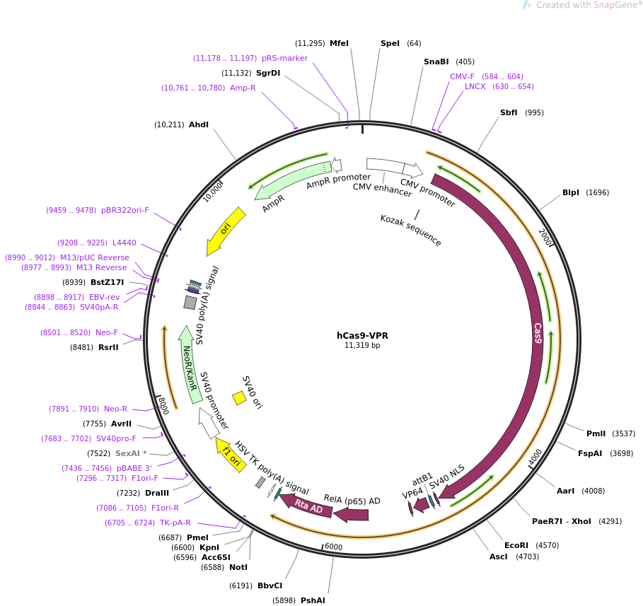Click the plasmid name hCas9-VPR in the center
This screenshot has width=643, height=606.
click(362, 335)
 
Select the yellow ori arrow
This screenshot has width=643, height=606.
click(226, 231)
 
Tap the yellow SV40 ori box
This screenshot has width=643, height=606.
click(239, 397)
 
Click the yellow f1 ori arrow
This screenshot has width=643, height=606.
click(231, 455)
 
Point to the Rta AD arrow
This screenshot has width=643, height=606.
click(306, 506)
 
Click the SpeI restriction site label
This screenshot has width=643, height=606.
click(390, 43)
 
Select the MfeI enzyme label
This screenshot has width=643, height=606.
click(339, 43)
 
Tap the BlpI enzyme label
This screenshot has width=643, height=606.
click(571, 193)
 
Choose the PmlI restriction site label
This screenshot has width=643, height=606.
click(596, 433)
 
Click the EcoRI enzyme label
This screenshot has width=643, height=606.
click(516, 545)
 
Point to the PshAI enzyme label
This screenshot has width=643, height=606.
click(313, 600)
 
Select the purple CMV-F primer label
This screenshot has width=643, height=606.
click(462, 76)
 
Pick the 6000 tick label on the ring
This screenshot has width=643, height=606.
click(333, 547)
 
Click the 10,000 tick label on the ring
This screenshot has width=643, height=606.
click(213, 192)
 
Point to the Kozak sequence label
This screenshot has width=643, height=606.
click(411, 230)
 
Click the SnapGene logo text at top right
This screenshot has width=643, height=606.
click(587, 5)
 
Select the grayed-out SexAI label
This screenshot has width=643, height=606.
click(128, 453)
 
